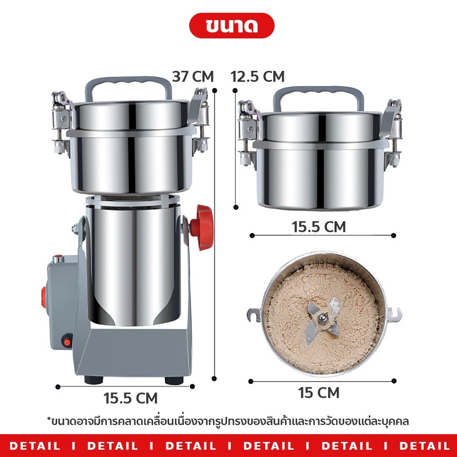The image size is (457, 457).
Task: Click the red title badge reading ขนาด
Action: coord(232,25)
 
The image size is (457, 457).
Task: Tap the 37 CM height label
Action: coord(193,76)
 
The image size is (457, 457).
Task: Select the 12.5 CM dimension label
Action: coord(257,76)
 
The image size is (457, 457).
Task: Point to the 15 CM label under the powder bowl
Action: coord(319,392)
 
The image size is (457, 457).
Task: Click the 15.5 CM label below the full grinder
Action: coord(130,398)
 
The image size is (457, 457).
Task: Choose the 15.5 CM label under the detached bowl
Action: coord(319,227)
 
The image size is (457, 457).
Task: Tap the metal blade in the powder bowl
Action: coord(323,319)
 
